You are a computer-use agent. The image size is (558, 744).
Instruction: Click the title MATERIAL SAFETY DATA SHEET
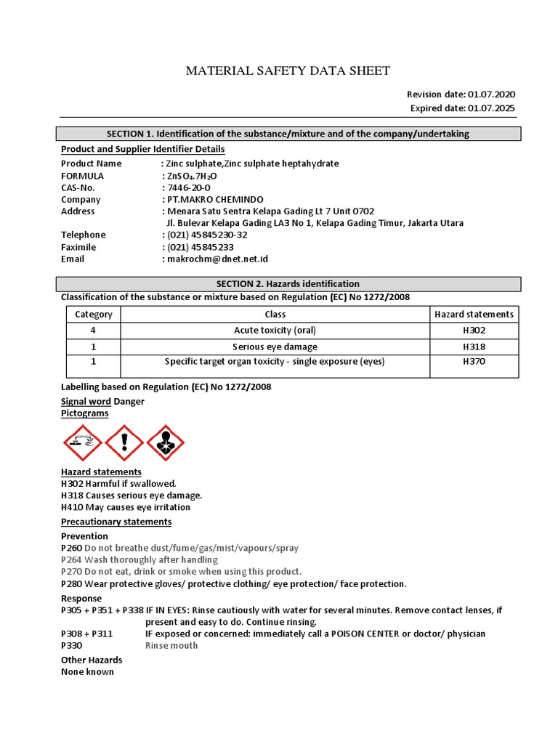288,70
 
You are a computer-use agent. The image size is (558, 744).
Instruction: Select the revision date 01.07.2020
492,94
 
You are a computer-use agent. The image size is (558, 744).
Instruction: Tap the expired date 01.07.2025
492,108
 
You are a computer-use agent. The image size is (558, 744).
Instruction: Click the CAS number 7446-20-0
189,187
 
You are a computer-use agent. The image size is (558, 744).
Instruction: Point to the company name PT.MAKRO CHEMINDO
215,199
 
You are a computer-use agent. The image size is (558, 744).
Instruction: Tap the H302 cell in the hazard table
474,330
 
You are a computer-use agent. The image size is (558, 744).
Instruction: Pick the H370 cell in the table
474,361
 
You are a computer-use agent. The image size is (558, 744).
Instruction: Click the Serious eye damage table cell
275,347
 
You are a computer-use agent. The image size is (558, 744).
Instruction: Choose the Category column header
94,314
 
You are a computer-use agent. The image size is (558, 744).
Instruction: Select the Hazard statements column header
474,314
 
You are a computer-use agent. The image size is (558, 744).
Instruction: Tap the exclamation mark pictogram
124,442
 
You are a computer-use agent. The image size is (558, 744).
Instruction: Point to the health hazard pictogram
166,442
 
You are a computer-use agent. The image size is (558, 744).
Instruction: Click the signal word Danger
129,401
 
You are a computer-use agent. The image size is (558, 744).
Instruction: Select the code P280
72,583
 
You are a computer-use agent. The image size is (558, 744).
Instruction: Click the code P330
72,645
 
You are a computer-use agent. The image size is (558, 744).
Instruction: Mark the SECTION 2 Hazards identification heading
288,283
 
